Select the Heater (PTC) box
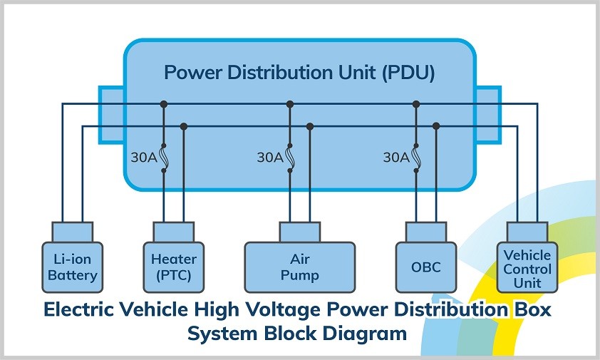tap(173, 267)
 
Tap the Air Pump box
tap(299, 267)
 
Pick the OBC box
tap(425, 267)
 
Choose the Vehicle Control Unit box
tap(527, 268)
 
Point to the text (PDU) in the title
tap(406, 73)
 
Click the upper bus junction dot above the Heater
tap(164, 104)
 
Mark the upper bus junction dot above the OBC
tap(416, 104)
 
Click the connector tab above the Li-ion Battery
tap(72, 231)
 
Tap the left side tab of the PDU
tap(111, 114)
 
